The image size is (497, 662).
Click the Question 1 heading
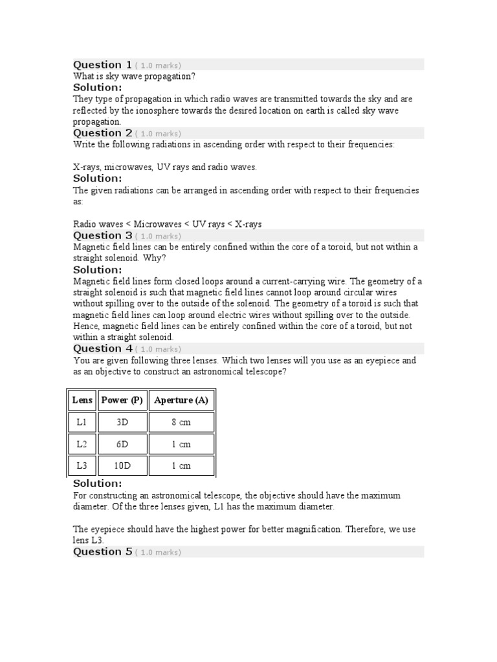pyautogui.click(x=102, y=65)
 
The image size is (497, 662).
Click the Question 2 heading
pyautogui.click(x=102, y=133)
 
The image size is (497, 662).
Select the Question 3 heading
pyautogui.click(x=102, y=235)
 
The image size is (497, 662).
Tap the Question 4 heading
pyautogui.click(x=102, y=348)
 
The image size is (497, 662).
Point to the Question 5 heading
pyautogui.click(x=102, y=551)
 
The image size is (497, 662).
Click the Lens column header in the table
pyautogui.click(x=82, y=400)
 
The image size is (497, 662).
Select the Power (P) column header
pyautogui.click(x=122, y=400)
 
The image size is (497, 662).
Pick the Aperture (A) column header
pyautogui.click(x=181, y=400)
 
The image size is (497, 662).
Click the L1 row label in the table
pyautogui.click(x=82, y=422)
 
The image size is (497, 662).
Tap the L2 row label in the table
pyautogui.click(x=82, y=444)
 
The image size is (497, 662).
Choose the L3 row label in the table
pyautogui.click(x=82, y=465)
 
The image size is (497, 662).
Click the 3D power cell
pyautogui.click(x=122, y=422)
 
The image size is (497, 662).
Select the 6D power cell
pyautogui.click(x=122, y=444)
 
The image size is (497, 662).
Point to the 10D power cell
pyautogui.click(x=122, y=465)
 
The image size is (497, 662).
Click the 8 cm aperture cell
pyautogui.click(x=181, y=422)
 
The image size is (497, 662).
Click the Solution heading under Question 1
pyautogui.click(x=97, y=87)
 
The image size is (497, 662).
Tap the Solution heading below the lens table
pyautogui.click(x=97, y=484)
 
